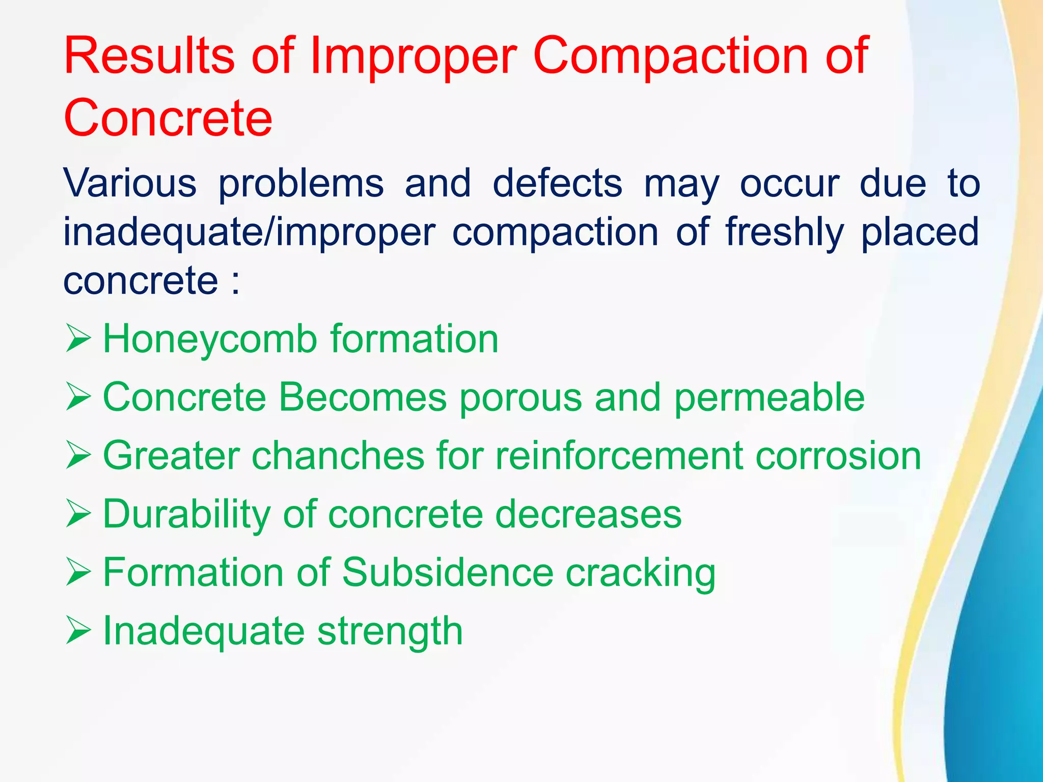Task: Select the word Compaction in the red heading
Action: pyautogui.click(x=671, y=56)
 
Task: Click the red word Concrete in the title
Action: pyautogui.click(x=168, y=118)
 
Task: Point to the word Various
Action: pyautogui.click(x=130, y=183)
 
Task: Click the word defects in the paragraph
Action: pyautogui.click(x=557, y=183)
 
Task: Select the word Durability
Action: pyautogui.click(x=186, y=515)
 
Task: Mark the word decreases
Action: pyautogui.click(x=588, y=514)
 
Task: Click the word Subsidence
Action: pyautogui.click(x=448, y=573)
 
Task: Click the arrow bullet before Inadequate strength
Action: pyautogui.click(x=78, y=632)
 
